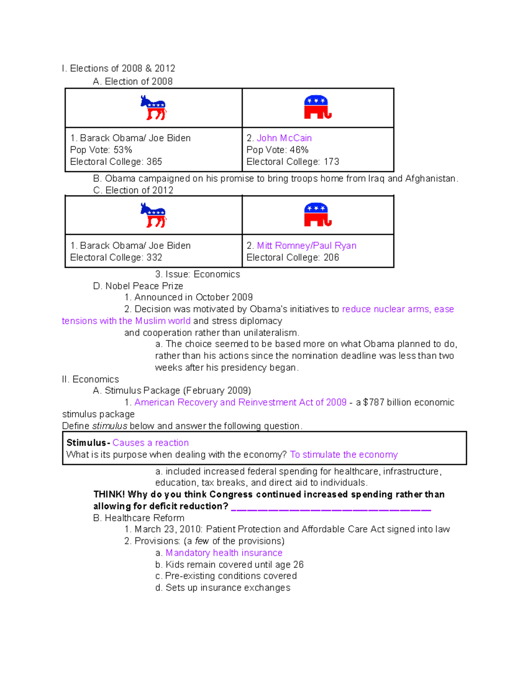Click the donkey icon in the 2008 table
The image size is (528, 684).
(x=153, y=107)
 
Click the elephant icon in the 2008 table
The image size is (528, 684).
(x=317, y=107)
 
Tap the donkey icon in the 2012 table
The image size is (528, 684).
(x=153, y=215)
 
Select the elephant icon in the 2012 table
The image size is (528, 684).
(x=317, y=215)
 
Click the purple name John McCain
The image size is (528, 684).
(x=284, y=138)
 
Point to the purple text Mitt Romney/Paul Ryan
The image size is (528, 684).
(x=307, y=246)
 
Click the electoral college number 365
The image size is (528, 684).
(x=154, y=162)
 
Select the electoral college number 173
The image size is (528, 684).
(x=331, y=162)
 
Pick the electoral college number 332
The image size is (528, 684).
(x=154, y=258)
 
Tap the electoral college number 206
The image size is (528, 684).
(x=331, y=258)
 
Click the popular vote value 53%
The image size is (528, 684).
(x=123, y=150)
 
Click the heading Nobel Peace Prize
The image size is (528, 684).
(x=144, y=286)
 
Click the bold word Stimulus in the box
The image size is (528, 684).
(x=86, y=443)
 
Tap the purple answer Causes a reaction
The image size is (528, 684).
(x=150, y=443)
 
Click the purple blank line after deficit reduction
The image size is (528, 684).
(x=331, y=510)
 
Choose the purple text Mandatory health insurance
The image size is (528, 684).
(x=224, y=553)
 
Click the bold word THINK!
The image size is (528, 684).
(x=109, y=495)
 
